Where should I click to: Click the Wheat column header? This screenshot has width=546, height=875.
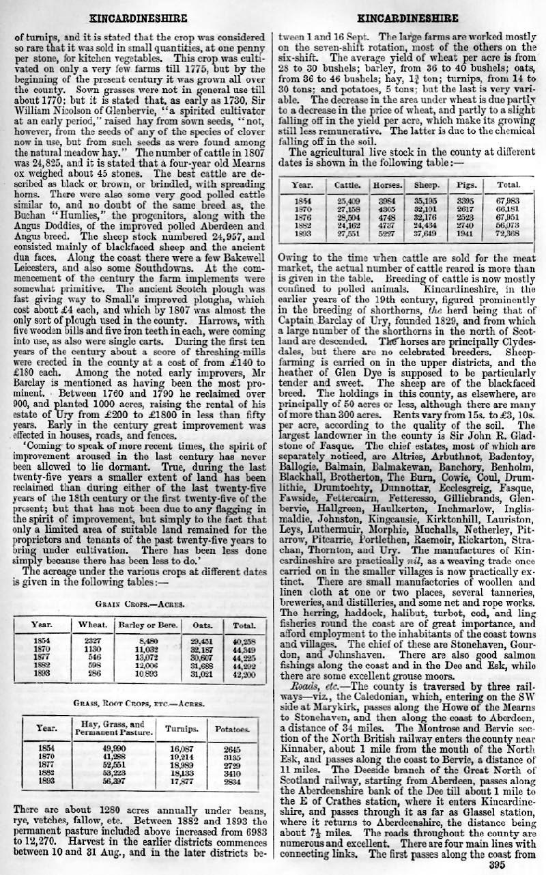point(92,625)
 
